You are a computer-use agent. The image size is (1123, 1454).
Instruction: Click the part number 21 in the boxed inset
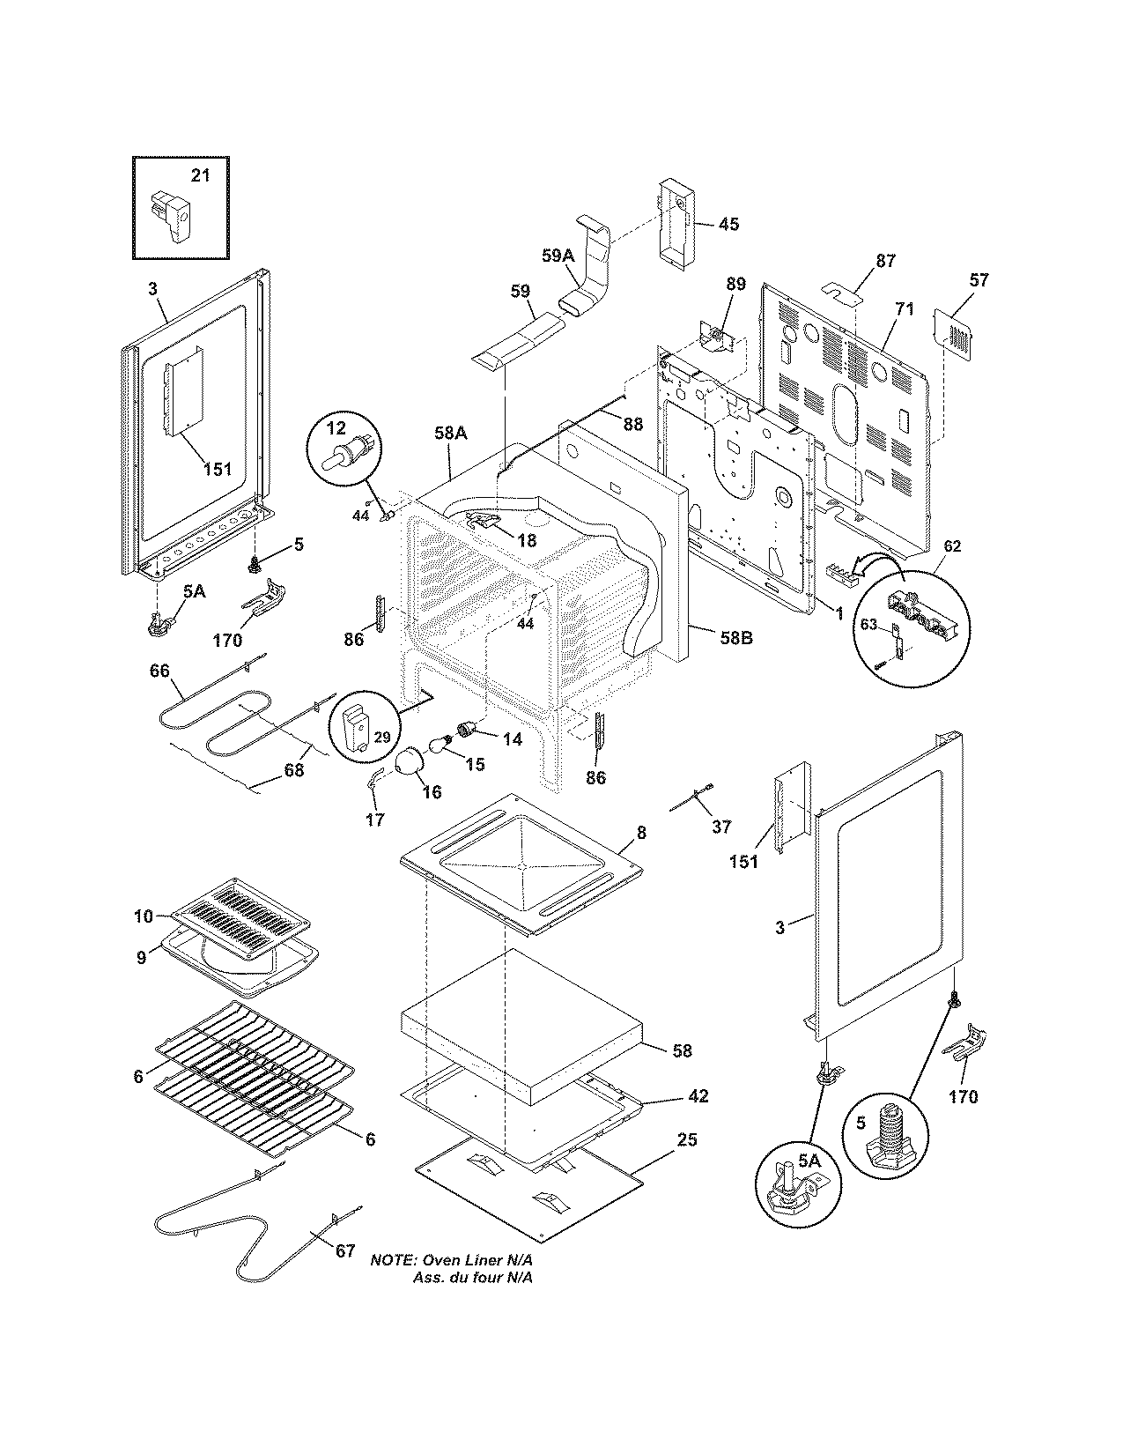pos(201,175)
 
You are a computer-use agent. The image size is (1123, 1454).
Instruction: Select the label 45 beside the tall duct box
pos(728,224)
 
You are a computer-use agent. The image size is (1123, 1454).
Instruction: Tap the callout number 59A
pos(558,256)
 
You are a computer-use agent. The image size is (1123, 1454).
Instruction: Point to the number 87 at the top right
pos(885,261)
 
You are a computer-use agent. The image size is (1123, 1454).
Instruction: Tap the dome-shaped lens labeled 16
pos(410,761)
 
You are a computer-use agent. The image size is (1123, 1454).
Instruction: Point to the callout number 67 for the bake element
pos(345,1250)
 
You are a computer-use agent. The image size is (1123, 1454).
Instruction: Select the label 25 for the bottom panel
pos(687,1140)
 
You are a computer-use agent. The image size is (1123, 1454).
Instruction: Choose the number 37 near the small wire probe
pos(721,826)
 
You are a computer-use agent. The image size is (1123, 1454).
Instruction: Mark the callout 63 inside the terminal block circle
pos(868,625)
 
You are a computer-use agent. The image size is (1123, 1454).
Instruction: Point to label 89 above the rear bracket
pos(735,284)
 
